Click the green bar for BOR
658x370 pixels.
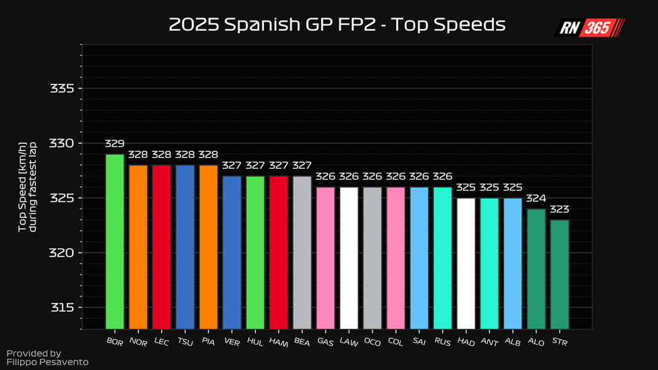(x=115, y=241)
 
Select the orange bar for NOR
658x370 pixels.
(x=138, y=246)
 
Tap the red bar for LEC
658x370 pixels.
(x=161, y=246)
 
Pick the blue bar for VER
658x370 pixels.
(x=231, y=252)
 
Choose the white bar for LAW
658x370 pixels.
(x=349, y=257)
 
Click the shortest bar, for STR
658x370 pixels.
(x=559, y=273)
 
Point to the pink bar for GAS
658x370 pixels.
(x=325, y=257)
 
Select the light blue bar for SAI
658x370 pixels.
(x=419, y=257)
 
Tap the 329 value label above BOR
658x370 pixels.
(x=115, y=144)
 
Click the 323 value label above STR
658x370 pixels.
(x=559, y=209)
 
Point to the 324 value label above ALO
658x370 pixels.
(x=536, y=199)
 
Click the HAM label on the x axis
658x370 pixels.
(x=278, y=342)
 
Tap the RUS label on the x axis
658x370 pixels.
(x=442, y=342)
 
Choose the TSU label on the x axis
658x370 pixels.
(x=184, y=342)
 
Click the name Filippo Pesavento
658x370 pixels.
(x=47, y=363)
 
